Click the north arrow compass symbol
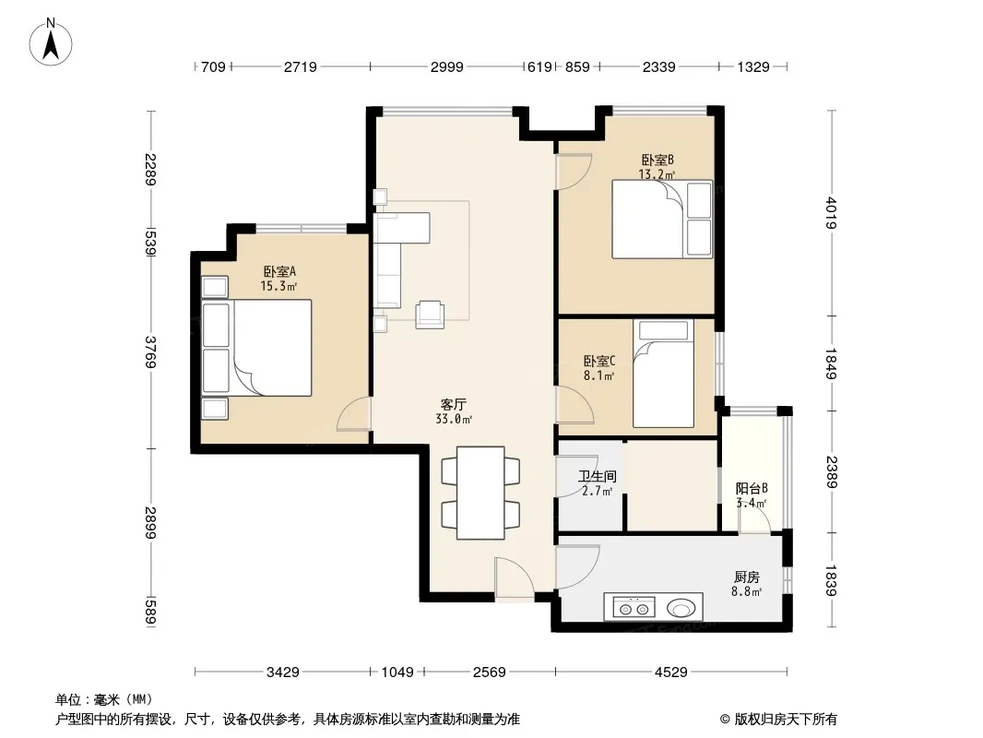point(51,42)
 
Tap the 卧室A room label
point(279,272)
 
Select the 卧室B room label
point(657,160)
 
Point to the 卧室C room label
point(599,362)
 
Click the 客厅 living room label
point(454,404)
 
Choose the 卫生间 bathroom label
point(597,477)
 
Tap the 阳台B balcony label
point(751,488)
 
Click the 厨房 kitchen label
point(746,577)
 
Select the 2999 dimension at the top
point(447,66)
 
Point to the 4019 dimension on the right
point(831,213)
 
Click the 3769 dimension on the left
point(150,352)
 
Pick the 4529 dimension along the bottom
point(670,673)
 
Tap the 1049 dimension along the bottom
point(397,673)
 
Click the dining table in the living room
point(480,493)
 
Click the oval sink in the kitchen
point(681,608)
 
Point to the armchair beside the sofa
point(430,315)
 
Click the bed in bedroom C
point(663,374)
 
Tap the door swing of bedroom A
point(353,414)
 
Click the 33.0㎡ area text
point(454,420)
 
